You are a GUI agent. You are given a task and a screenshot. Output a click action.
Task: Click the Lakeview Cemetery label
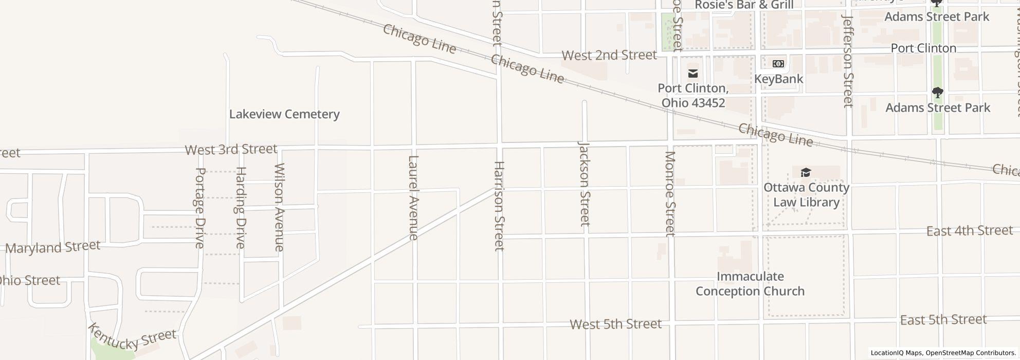[x=284, y=114]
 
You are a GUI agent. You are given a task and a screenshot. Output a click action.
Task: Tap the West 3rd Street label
[x=231, y=150]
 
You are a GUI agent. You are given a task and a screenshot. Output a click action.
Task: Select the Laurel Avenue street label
[x=413, y=197]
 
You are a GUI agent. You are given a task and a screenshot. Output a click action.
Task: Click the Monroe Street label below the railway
[x=669, y=194]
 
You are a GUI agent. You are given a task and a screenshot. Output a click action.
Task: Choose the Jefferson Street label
[x=847, y=61]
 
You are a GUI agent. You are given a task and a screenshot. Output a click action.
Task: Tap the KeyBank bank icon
[x=778, y=64]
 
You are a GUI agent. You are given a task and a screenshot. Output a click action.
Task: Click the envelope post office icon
[x=693, y=74]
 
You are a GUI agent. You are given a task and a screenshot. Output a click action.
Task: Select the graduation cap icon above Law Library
[x=806, y=172]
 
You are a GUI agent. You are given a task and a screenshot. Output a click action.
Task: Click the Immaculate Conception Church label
[x=750, y=284]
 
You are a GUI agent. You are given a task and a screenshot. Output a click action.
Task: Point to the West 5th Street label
[x=615, y=325]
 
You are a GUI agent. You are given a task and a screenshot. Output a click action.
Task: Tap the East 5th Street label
[x=943, y=320]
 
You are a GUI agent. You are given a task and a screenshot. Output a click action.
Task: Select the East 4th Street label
[x=969, y=231]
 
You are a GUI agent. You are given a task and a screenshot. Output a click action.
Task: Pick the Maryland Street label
[x=53, y=247]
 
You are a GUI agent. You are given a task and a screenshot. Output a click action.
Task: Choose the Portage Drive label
[x=200, y=208]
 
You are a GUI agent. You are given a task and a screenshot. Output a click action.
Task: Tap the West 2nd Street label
[x=609, y=55]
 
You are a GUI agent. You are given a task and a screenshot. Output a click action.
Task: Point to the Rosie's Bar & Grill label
[x=744, y=5]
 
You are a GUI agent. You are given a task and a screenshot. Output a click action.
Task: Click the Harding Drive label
[x=241, y=208]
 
